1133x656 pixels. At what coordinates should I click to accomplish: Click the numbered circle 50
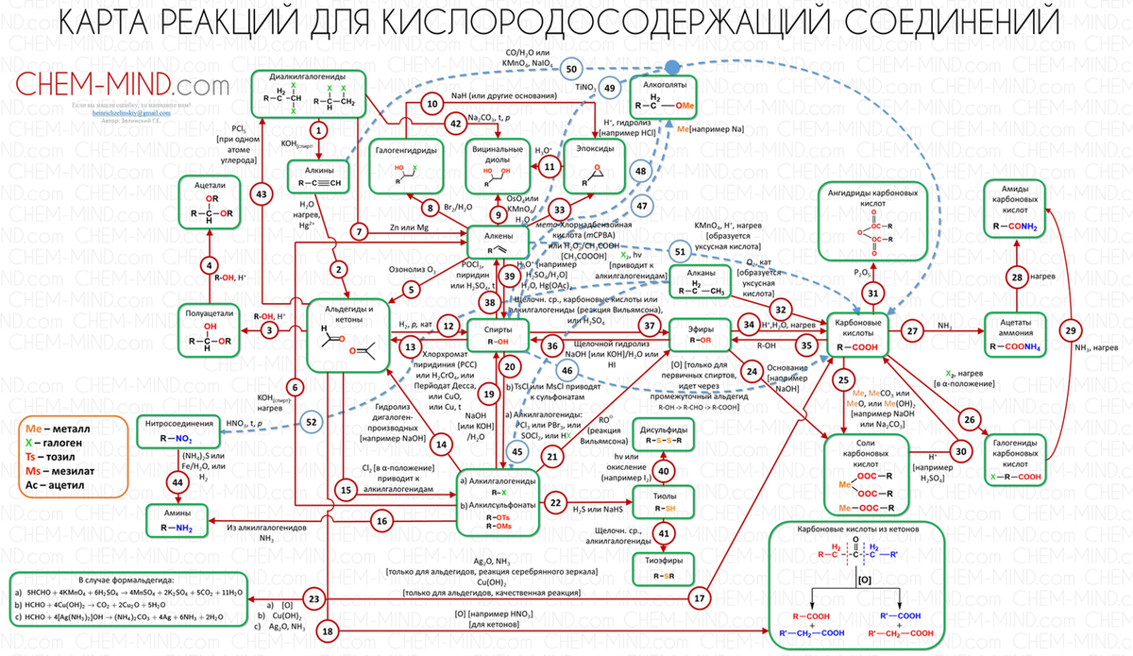coord(570,69)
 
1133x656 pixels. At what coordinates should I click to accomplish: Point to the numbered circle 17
coord(700,597)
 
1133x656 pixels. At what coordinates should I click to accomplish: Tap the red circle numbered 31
coord(874,294)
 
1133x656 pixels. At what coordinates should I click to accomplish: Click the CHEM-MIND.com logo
coord(123,87)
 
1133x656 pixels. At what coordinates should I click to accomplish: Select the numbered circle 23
coord(315,598)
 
